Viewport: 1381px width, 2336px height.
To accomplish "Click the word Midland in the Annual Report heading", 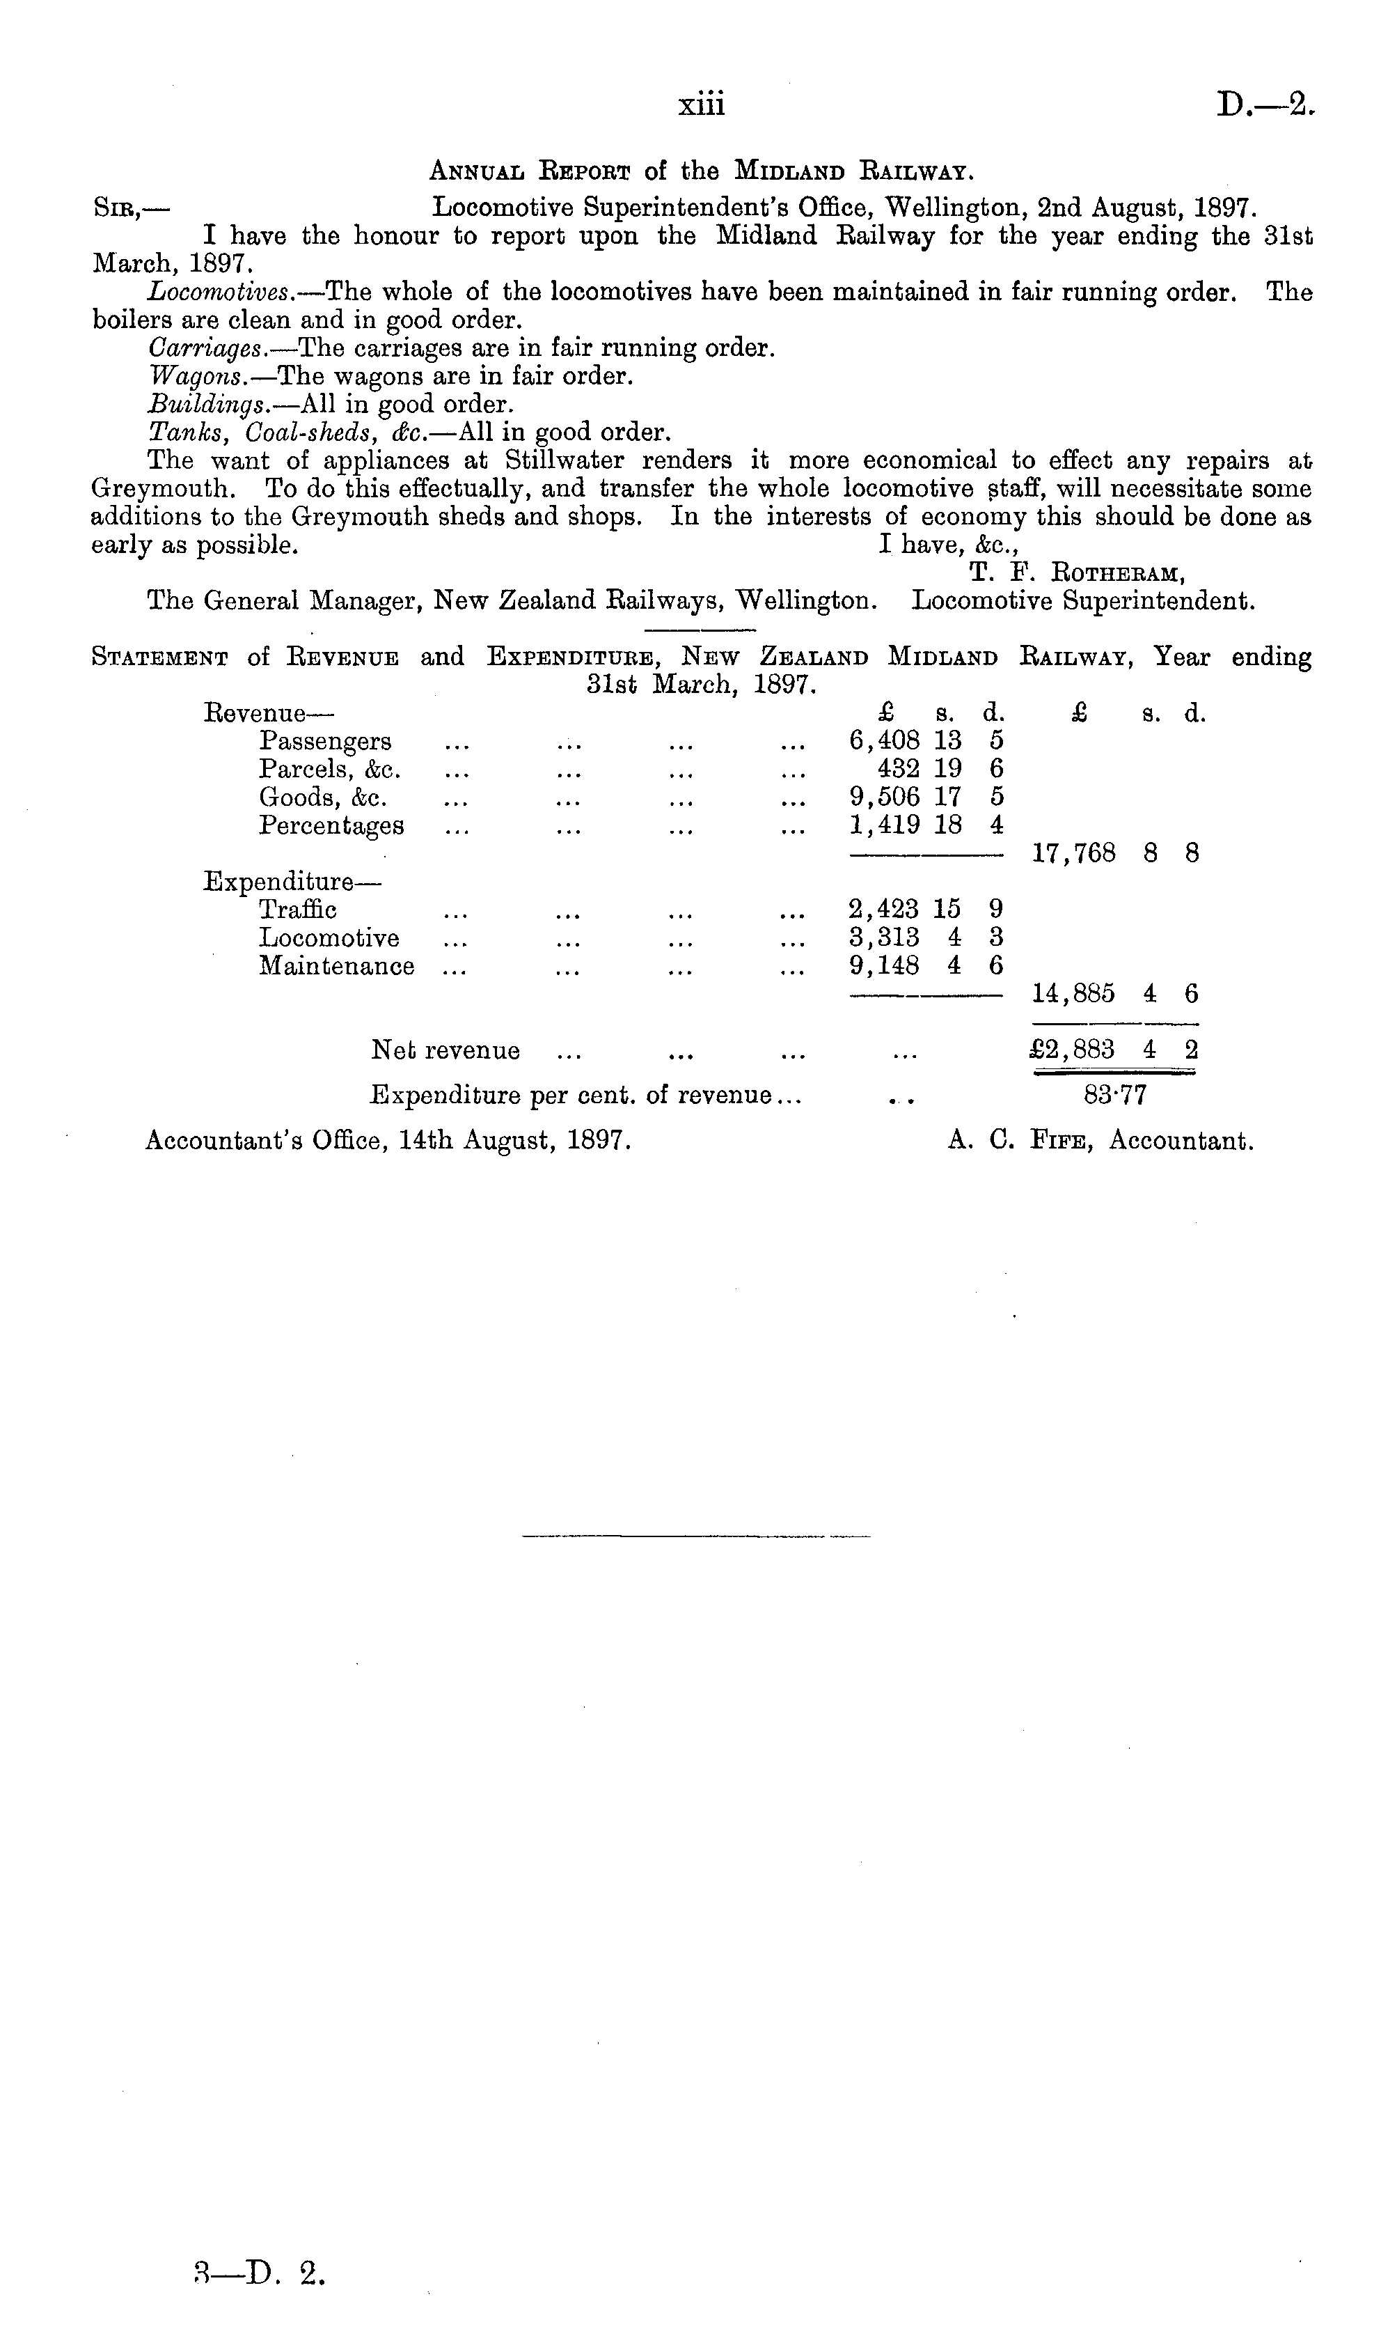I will tap(789, 171).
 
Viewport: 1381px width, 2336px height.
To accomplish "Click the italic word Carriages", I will tap(205, 348).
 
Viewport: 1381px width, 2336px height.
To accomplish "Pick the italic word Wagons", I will tap(197, 377).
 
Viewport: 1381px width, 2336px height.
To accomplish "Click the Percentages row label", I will tap(331, 826).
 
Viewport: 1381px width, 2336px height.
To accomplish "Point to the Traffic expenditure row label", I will tap(298, 910).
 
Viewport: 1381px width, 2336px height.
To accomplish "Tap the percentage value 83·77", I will tap(1115, 1095).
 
